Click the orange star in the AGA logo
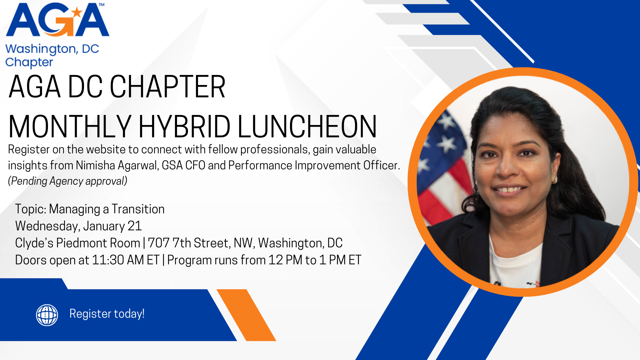[77, 12]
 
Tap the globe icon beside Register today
[47, 315]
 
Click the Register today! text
[107, 314]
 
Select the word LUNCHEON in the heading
[307, 126]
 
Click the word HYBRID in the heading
[184, 126]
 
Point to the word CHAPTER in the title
[168, 87]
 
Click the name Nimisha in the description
[95, 165]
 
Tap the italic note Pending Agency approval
[68, 181]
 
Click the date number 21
[135, 226]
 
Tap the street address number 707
[159, 243]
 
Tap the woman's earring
[555, 180]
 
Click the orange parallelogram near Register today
[246, 315]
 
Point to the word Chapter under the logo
[29, 63]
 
